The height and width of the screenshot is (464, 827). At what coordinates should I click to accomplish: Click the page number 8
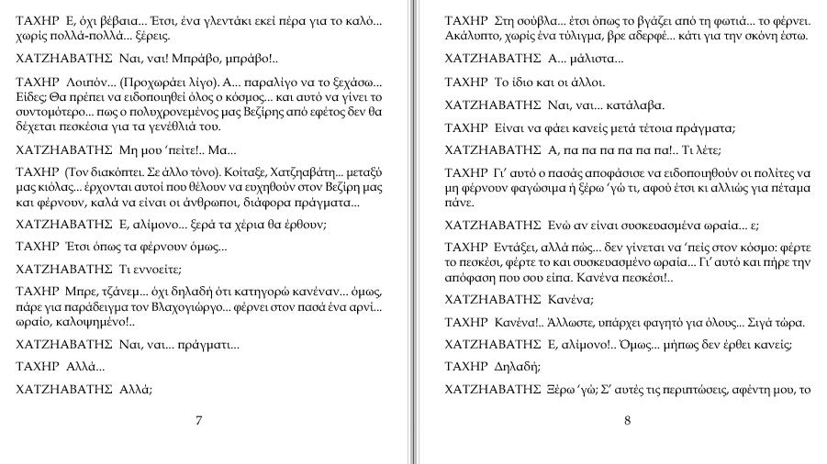[x=627, y=421]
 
